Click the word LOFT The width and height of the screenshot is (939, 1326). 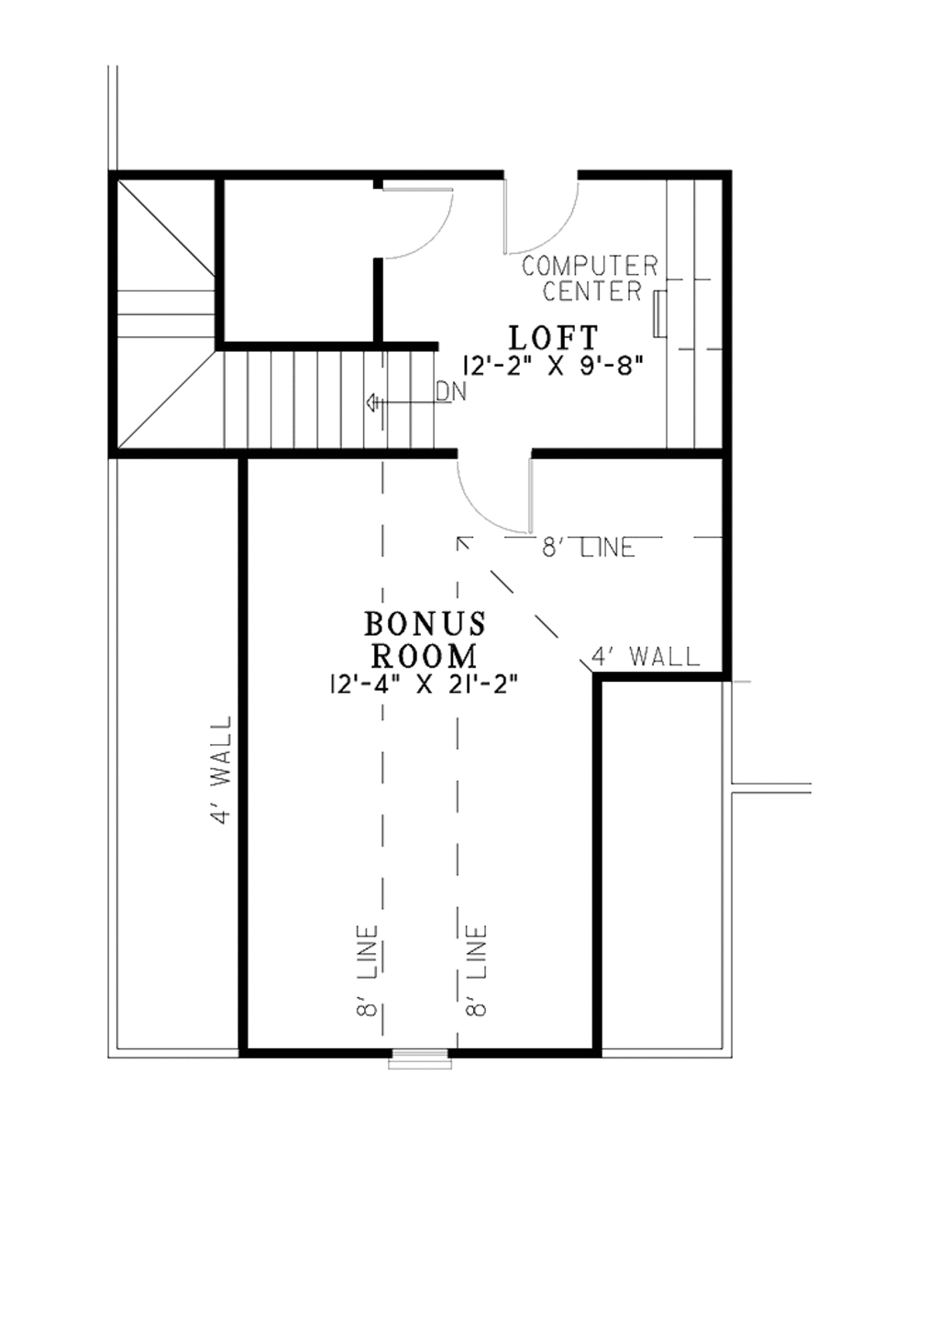(x=553, y=338)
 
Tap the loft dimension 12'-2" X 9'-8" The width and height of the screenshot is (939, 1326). (x=553, y=366)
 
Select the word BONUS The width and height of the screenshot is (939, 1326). (x=425, y=624)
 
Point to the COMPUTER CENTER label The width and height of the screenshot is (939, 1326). (x=591, y=279)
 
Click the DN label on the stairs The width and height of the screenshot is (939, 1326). (x=451, y=392)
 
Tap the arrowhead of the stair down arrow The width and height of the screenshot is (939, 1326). (x=371, y=401)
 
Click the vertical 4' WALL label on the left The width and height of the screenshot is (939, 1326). (x=221, y=770)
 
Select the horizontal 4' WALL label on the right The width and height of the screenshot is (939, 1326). (x=646, y=656)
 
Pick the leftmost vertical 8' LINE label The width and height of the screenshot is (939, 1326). (x=368, y=971)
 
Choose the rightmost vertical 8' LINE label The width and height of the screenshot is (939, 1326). (x=476, y=971)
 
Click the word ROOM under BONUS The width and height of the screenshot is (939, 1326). (x=424, y=656)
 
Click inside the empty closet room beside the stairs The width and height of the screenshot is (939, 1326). (x=298, y=261)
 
